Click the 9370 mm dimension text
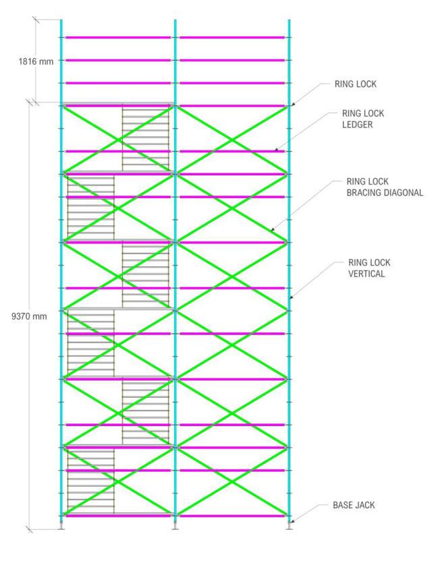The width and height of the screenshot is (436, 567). click(x=30, y=316)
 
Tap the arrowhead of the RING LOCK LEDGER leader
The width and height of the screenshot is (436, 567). click(x=275, y=150)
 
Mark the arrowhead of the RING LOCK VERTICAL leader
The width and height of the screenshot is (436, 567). click(x=290, y=297)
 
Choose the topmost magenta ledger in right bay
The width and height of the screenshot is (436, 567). click(x=232, y=38)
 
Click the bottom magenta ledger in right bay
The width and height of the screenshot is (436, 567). click(x=232, y=516)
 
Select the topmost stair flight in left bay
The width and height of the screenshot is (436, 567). click(x=145, y=138)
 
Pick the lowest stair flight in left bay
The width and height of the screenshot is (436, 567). click(x=90, y=480)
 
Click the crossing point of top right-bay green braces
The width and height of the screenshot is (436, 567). click(x=232, y=140)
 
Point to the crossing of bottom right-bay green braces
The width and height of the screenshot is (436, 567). click(x=232, y=481)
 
